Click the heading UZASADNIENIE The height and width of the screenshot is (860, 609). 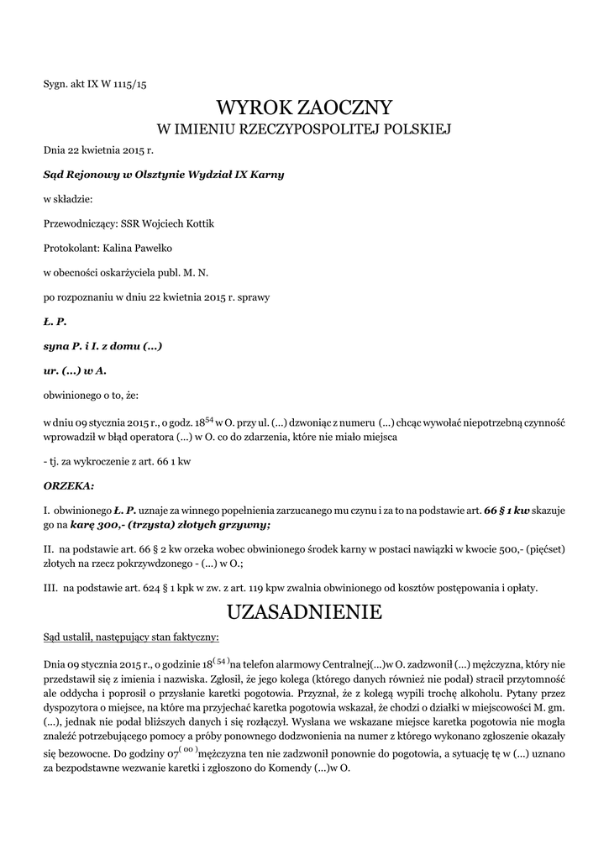point(304,612)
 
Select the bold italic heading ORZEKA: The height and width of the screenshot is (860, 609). point(69,486)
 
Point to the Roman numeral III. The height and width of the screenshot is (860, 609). point(50,587)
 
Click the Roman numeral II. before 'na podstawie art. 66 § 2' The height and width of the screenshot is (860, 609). point(48,549)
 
